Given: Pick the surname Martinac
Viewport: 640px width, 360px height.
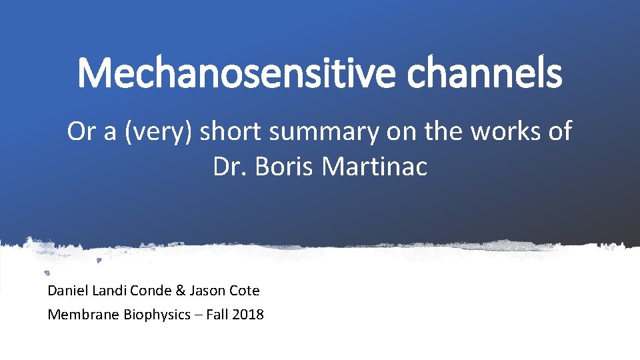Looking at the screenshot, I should [x=374, y=167].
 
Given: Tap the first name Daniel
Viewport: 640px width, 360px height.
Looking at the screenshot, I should [x=67, y=291].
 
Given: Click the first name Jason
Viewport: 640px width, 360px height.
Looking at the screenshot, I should [x=207, y=291].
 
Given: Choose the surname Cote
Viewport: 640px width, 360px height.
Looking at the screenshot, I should [x=245, y=291].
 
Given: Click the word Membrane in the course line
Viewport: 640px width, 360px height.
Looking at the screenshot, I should [x=84, y=315].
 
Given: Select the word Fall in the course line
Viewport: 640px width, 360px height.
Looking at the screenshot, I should [x=217, y=315].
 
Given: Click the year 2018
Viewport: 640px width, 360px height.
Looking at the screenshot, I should [x=248, y=315].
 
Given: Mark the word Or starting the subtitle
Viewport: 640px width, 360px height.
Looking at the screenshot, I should [x=81, y=131].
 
